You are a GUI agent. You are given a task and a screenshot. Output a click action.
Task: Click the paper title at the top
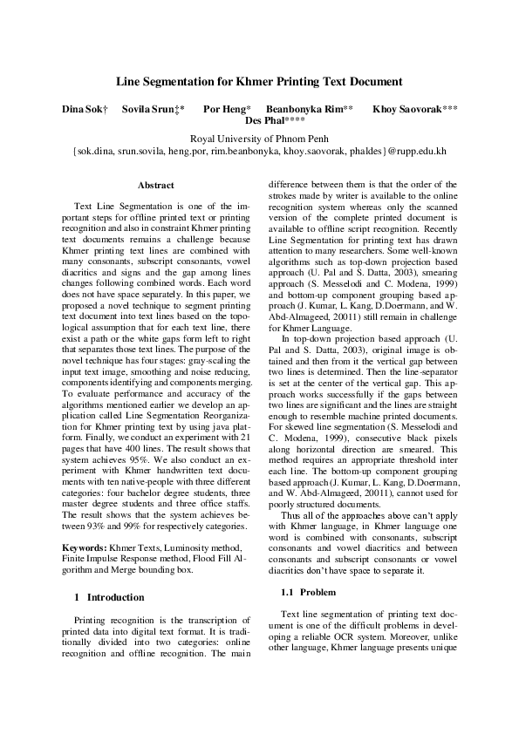click(x=259, y=81)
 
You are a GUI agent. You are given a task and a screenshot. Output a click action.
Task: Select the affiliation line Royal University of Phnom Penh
click(x=259, y=138)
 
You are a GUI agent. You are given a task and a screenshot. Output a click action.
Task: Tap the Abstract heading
click(x=156, y=185)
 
